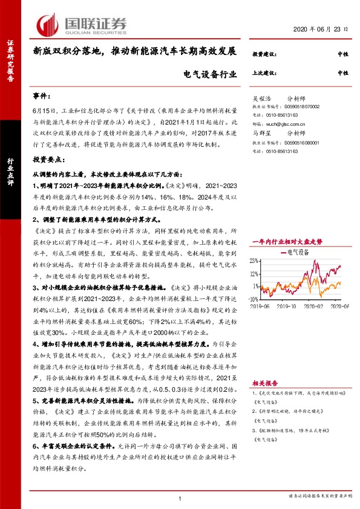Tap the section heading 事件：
(42, 97)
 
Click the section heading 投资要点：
(49, 158)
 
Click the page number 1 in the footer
(180, 498)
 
